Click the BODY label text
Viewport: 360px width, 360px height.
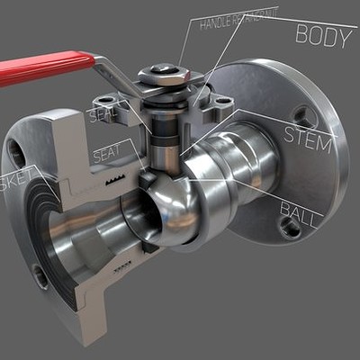click(322, 37)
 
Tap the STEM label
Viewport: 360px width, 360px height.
click(308, 136)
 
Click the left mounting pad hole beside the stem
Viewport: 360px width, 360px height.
click(109, 100)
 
